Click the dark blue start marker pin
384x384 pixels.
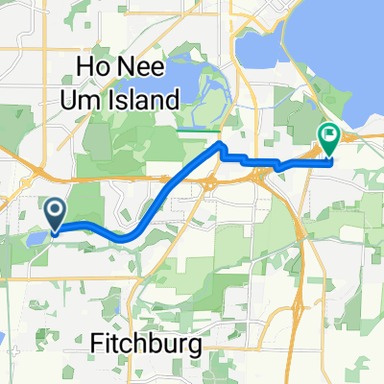(55, 213)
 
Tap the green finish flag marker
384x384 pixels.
(328, 140)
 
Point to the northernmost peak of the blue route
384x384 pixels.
(221, 144)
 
